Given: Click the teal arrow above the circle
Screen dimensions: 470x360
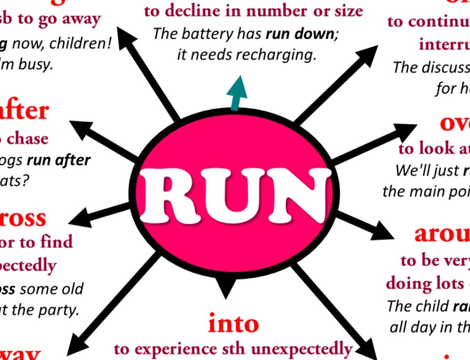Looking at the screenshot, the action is click(x=239, y=92).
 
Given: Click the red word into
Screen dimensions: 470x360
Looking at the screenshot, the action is click(x=234, y=324).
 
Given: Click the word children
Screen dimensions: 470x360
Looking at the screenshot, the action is click(x=79, y=44).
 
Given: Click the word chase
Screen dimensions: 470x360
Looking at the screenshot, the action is click(x=27, y=139).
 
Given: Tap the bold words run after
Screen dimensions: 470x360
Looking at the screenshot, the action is click(x=59, y=160).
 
